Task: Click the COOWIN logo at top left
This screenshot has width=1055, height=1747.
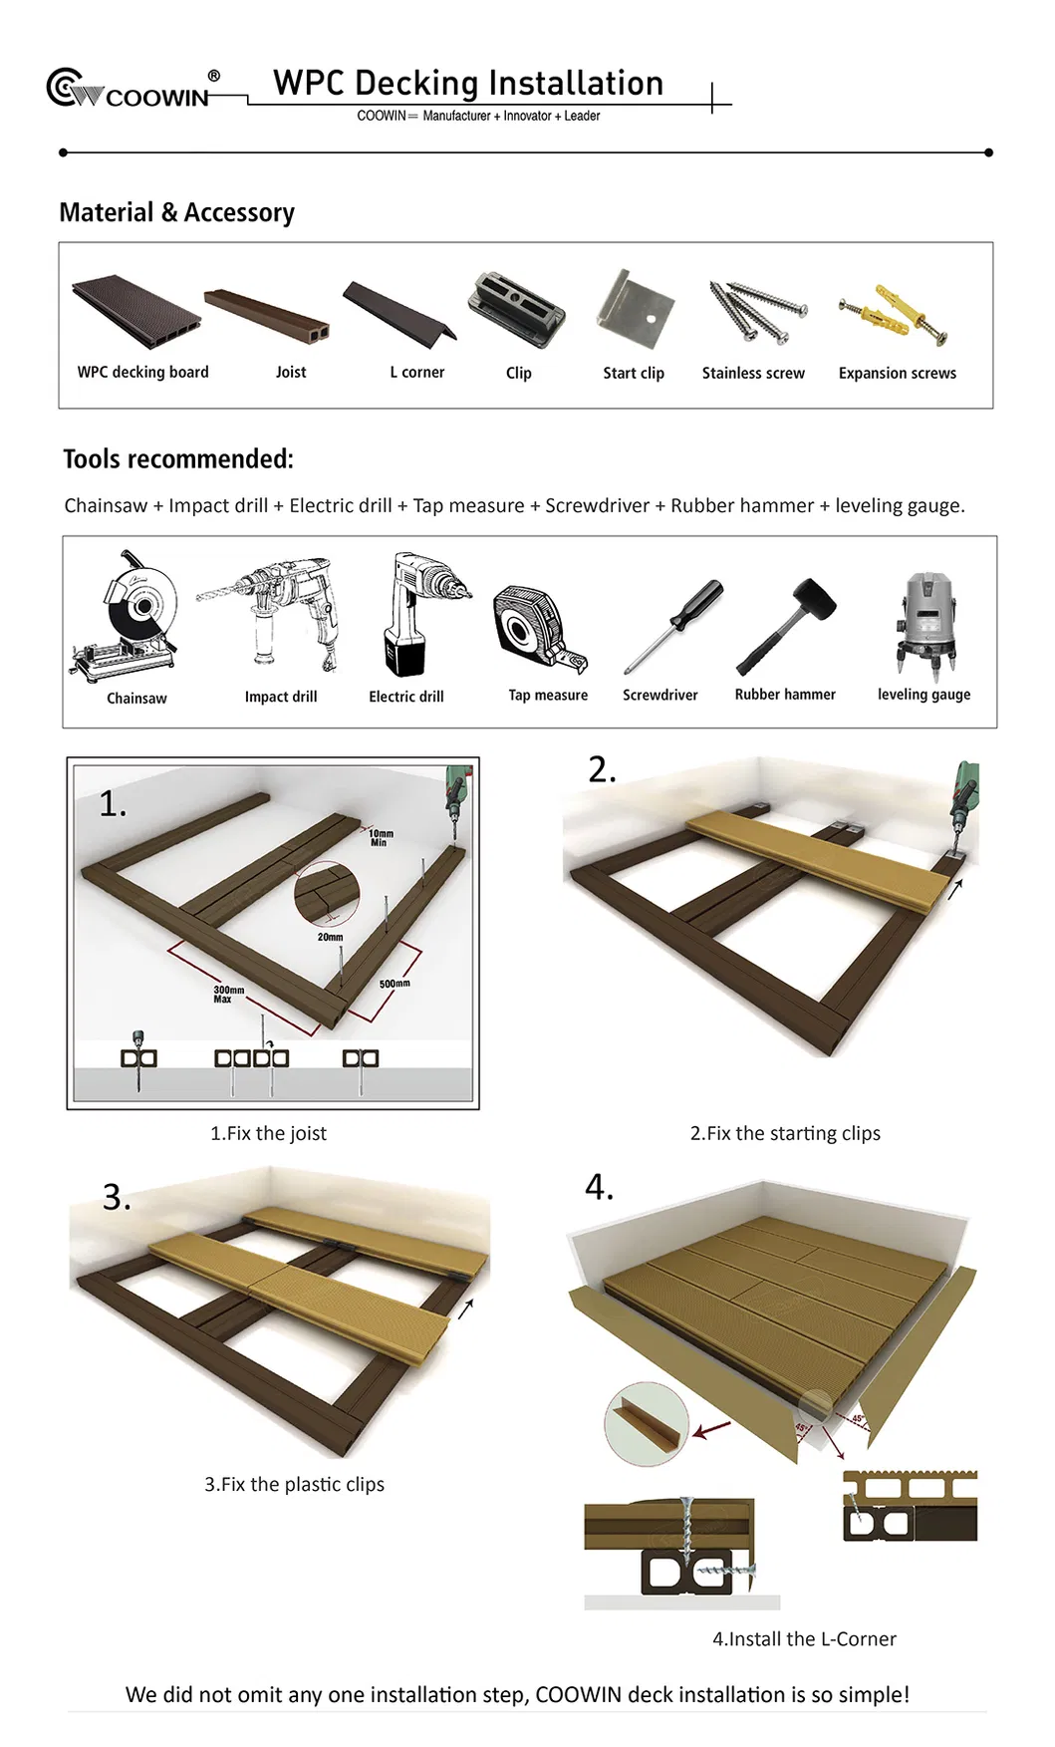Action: point(130,90)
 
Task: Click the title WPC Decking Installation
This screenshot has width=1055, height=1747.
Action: point(468,84)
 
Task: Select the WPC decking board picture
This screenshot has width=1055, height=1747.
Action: point(135,313)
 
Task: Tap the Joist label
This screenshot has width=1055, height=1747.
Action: point(291,372)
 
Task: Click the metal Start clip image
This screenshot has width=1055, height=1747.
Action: point(634,310)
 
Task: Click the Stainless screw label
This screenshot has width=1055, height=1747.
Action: point(753,373)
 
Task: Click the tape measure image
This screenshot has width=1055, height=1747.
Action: point(538,628)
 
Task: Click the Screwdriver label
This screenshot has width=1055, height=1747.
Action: point(659,695)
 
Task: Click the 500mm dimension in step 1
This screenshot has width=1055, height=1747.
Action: point(395,984)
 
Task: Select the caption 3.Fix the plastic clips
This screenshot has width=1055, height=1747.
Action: point(294,1484)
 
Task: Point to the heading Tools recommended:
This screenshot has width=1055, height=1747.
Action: point(178,459)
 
